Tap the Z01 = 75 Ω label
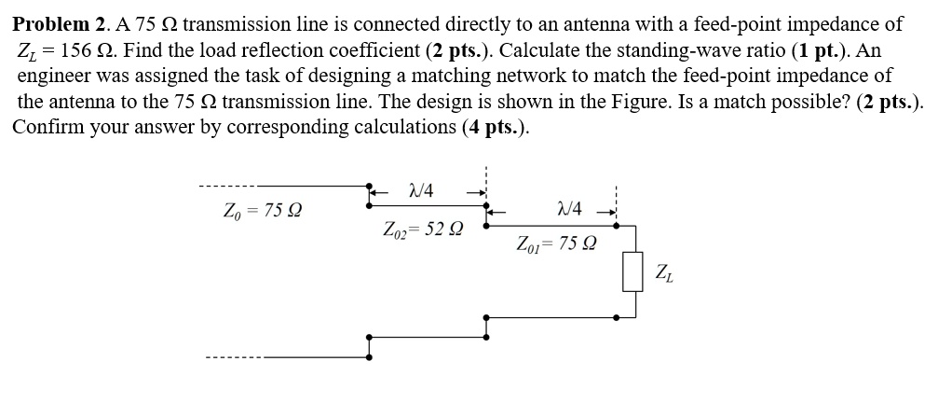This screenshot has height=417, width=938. point(557,244)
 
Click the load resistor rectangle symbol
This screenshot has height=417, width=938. point(633,271)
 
